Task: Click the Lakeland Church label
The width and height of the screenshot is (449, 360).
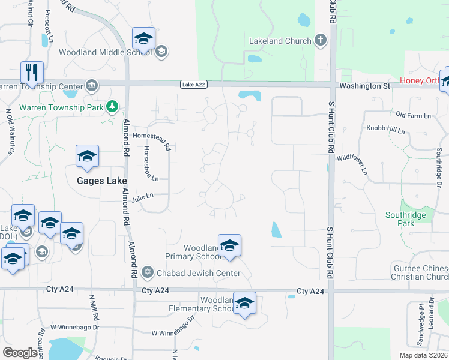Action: (x=280, y=41)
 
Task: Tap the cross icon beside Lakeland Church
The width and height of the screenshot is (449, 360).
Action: (x=321, y=41)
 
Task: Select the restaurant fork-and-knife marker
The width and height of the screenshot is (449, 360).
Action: (x=32, y=72)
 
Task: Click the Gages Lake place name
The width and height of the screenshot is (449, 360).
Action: (x=100, y=180)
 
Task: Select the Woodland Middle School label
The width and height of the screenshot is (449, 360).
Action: (x=106, y=52)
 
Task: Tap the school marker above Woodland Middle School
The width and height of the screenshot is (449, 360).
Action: (x=144, y=38)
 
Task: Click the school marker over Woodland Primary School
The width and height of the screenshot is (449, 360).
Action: (x=229, y=246)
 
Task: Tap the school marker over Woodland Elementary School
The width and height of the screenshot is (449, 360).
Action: (x=244, y=304)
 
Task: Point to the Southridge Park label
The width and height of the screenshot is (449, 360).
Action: (x=405, y=219)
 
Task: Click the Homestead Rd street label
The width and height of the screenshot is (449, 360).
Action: (x=153, y=138)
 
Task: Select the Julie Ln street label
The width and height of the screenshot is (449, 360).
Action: (x=142, y=195)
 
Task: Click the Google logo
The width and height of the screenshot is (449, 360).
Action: (x=20, y=353)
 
